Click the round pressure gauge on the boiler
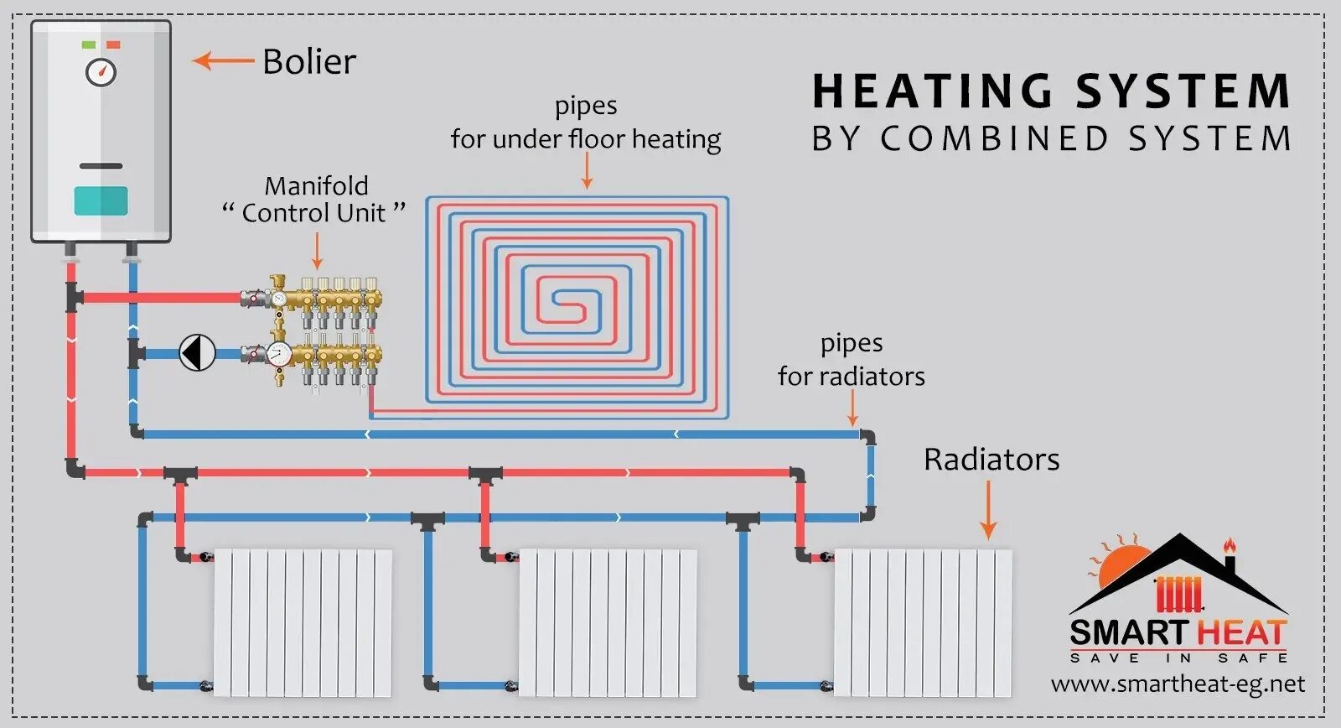101,71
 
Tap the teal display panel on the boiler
101,200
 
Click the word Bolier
309,62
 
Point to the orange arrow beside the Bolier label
223,60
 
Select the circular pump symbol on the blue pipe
198,353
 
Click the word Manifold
316,185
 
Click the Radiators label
992,460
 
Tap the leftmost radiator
303,622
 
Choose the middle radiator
608,622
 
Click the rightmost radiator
923,622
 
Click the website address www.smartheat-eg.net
1178,684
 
